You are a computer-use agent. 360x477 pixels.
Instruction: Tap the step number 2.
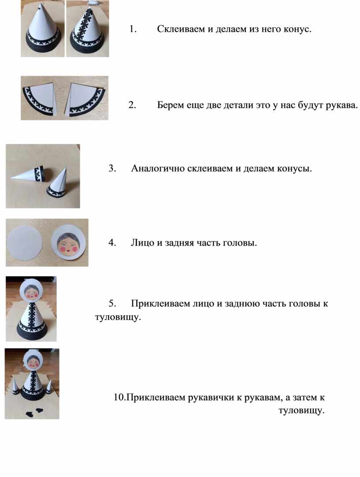pyautogui.click(x=132, y=105)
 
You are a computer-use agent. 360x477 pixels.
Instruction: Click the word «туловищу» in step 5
pyautogui.click(x=118, y=317)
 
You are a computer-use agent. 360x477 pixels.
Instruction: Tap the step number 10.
pyautogui.click(x=119, y=397)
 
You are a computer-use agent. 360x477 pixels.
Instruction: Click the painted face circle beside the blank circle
pyautogui.click(x=69, y=243)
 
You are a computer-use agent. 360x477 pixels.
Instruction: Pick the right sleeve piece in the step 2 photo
pyautogui.click(x=86, y=98)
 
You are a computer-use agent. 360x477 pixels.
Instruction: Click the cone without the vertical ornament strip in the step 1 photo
pyautogui.click(x=43, y=30)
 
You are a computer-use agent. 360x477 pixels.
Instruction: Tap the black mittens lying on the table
pyautogui.click(x=34, y=412)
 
